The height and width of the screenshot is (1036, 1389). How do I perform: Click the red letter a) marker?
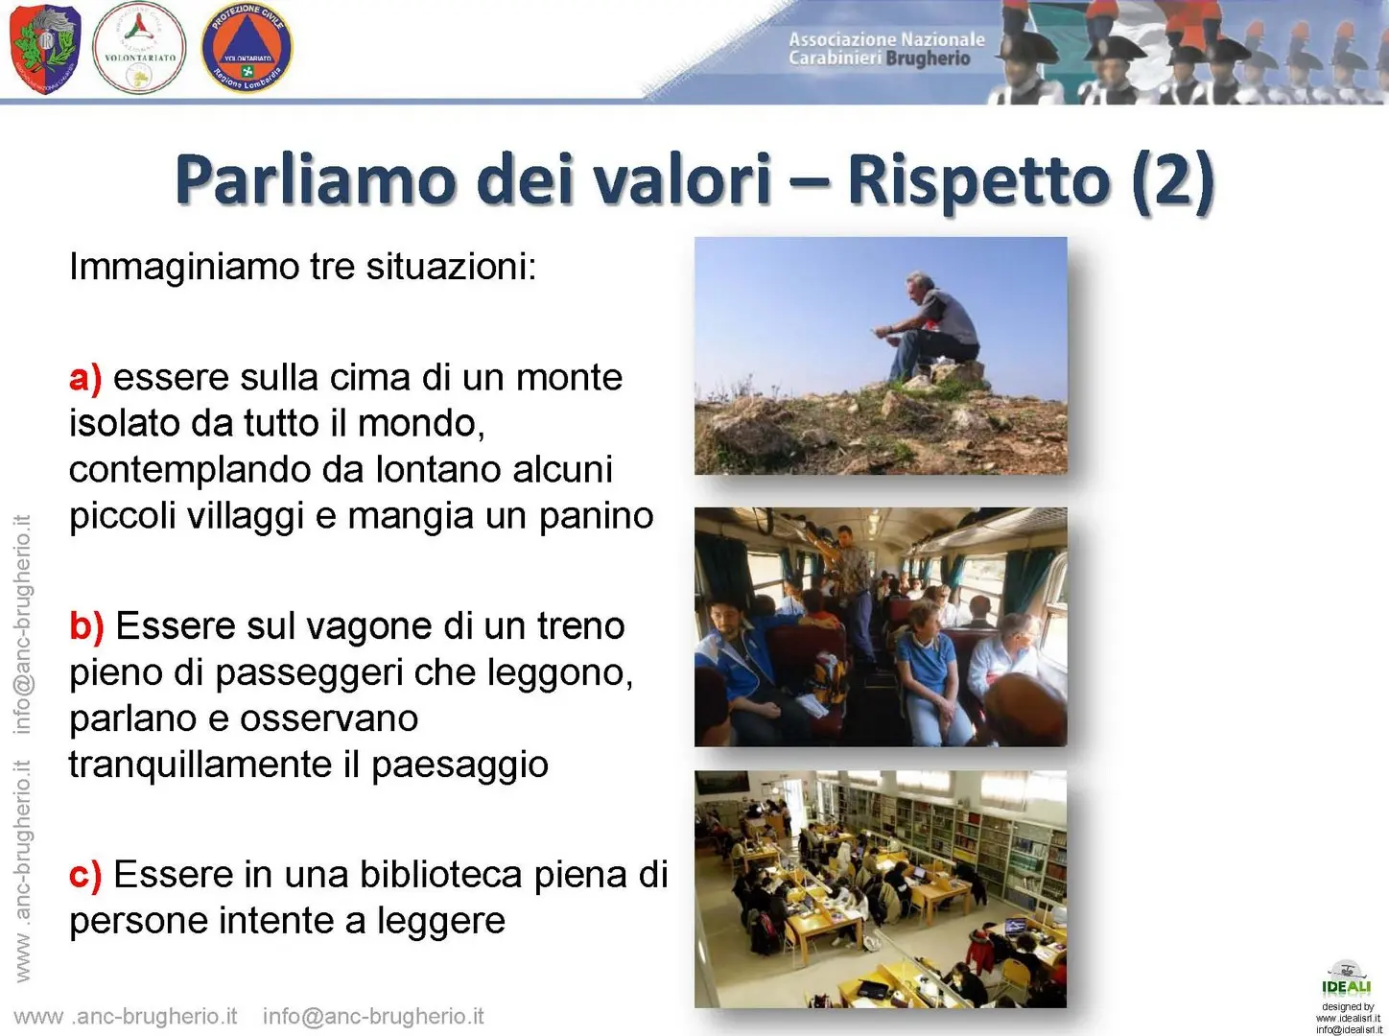click(x=85, y=379)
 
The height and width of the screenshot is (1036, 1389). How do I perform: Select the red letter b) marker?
click(x=86, y=625)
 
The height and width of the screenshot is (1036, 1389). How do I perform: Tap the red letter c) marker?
click(x=85, y=875)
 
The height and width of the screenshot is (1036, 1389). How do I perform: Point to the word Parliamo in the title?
click(x=317, y=179)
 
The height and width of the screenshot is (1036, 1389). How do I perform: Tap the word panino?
click(x=596, y=516)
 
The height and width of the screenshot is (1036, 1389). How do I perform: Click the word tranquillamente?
click(x=200, y=765)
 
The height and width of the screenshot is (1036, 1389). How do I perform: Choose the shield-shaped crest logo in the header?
click(x=45, y=49)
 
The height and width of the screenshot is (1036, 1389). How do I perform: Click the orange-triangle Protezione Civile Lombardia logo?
click(x=247, y=47)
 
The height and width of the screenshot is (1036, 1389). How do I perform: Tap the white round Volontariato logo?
click(x=139, y=48)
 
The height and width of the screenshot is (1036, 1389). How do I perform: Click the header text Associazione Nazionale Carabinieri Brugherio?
click(x=886, y=49)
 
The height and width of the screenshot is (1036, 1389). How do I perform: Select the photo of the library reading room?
click(x=881, y=888)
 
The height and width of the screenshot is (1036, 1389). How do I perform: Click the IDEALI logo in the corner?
click(x=1346, y=977)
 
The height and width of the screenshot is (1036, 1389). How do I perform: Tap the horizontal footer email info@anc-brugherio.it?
click(x=373, y=1017)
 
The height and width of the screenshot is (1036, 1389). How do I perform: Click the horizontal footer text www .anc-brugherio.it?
click(x=126, y=1017)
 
